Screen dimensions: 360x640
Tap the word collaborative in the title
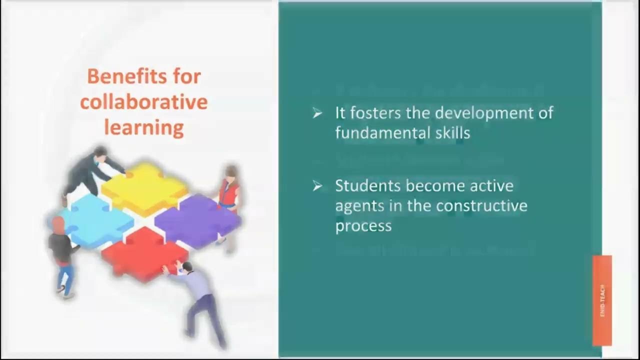click(143, 102)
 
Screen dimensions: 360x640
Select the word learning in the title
click(143, 128)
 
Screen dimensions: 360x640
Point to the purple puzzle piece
click(197, 220)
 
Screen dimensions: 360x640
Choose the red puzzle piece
click(145, 252)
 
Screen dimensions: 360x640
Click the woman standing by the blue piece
click(61, 255)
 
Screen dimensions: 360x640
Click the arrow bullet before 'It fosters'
click(317, 113)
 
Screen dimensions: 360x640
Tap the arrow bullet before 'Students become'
click(317, 186)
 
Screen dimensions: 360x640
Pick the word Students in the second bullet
click(367, 186)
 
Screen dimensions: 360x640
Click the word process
click(363, 226)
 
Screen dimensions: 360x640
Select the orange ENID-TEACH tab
click(602, 300)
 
